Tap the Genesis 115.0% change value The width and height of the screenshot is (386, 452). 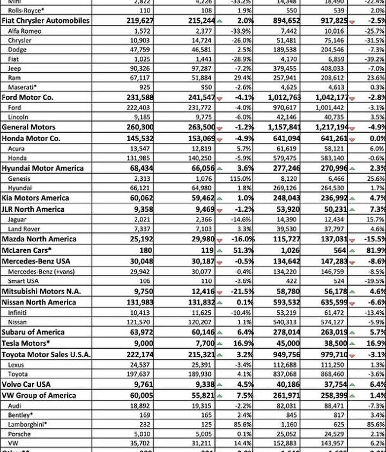pyautogui.click(x=242, y=179)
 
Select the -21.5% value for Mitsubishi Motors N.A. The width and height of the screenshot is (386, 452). pyautogui.click(x=241, y=292)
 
